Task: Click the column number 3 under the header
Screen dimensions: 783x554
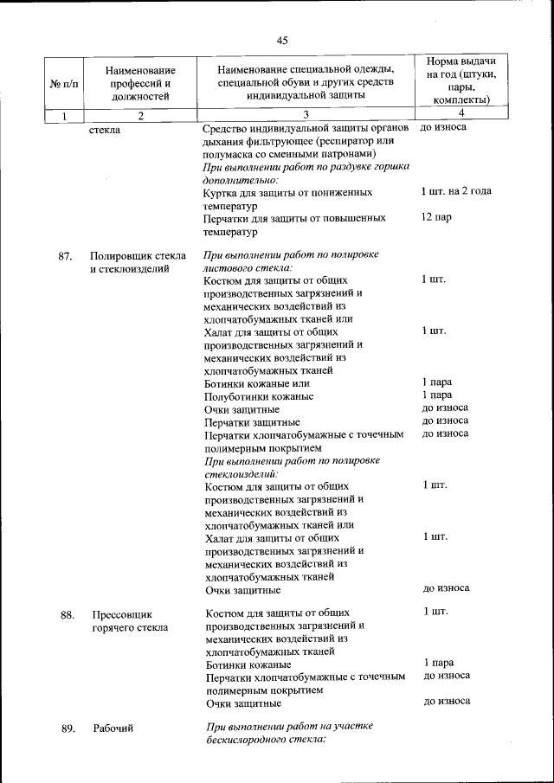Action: pos(305,114)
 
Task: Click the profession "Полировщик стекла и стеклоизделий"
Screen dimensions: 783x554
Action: pos(138,263)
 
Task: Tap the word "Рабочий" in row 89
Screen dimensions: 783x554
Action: pos(113,728)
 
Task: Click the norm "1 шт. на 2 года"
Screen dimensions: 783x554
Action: pos(456,191)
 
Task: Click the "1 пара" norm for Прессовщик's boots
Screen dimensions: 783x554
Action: pos(439,663)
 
